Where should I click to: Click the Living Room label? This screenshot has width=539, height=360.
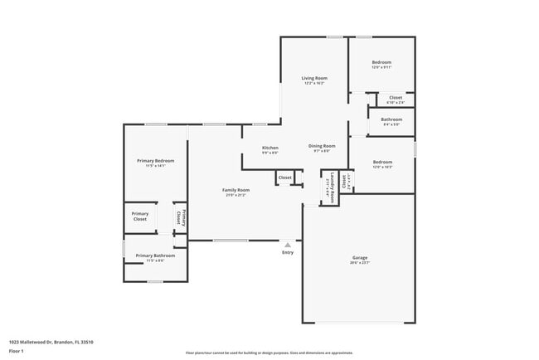313,78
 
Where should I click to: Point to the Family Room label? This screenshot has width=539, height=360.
236,190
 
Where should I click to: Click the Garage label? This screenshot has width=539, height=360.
359,258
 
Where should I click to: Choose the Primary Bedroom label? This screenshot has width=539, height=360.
156,160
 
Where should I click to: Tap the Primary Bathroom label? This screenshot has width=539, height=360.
155,255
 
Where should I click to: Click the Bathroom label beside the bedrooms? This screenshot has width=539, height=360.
391,119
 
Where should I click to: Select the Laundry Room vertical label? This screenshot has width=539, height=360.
333,187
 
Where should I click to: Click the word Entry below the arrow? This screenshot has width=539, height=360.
288,253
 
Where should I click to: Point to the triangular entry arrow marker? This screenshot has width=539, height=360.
288,245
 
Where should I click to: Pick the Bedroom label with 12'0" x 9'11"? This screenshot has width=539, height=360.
381,62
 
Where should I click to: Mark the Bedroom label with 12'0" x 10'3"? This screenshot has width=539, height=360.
382,161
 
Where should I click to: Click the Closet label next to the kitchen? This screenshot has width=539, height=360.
284,178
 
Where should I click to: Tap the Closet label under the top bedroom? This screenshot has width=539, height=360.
396,97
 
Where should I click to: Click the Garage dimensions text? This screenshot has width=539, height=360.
359,263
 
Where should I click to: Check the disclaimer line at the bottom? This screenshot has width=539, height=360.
269,353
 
